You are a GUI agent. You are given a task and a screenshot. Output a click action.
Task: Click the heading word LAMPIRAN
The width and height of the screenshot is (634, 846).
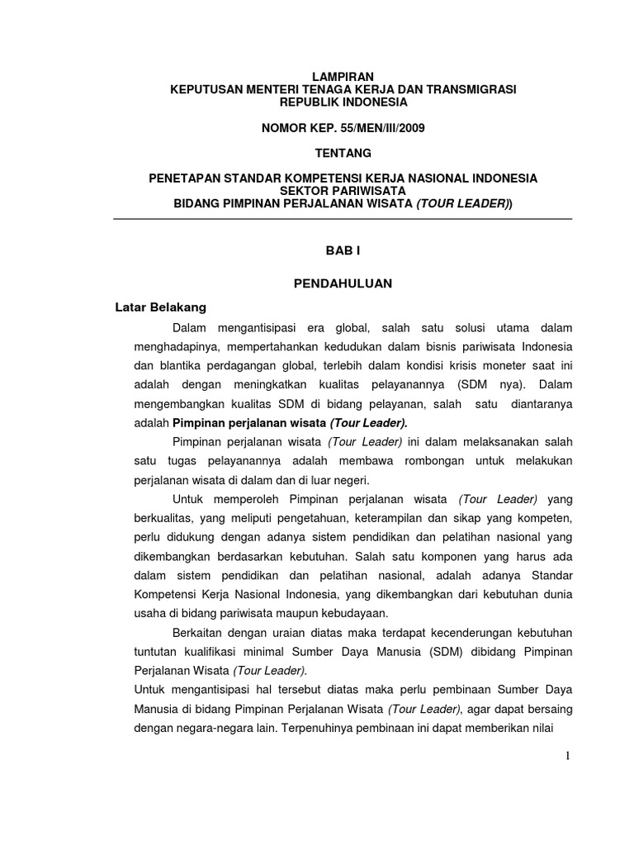pos(342,77)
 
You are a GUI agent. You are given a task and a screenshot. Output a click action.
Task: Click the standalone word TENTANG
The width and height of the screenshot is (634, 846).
pos(343,153)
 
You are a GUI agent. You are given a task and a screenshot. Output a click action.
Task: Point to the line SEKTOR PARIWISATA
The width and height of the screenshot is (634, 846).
pos(342,191)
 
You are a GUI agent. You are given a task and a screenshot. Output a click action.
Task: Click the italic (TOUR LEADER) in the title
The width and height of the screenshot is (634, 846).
pos(462,203)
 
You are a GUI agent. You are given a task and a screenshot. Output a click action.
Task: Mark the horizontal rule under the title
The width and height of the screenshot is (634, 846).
pos(342,219)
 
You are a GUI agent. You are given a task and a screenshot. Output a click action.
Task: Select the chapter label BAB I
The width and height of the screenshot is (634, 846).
pos(342,250)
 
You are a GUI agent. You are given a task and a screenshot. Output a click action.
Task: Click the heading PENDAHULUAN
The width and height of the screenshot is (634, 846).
pos(343,283)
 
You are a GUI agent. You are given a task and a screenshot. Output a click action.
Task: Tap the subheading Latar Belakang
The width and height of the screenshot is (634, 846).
pos(160,307)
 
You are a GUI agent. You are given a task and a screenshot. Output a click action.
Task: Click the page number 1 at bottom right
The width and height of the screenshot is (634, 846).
pos(569,756)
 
